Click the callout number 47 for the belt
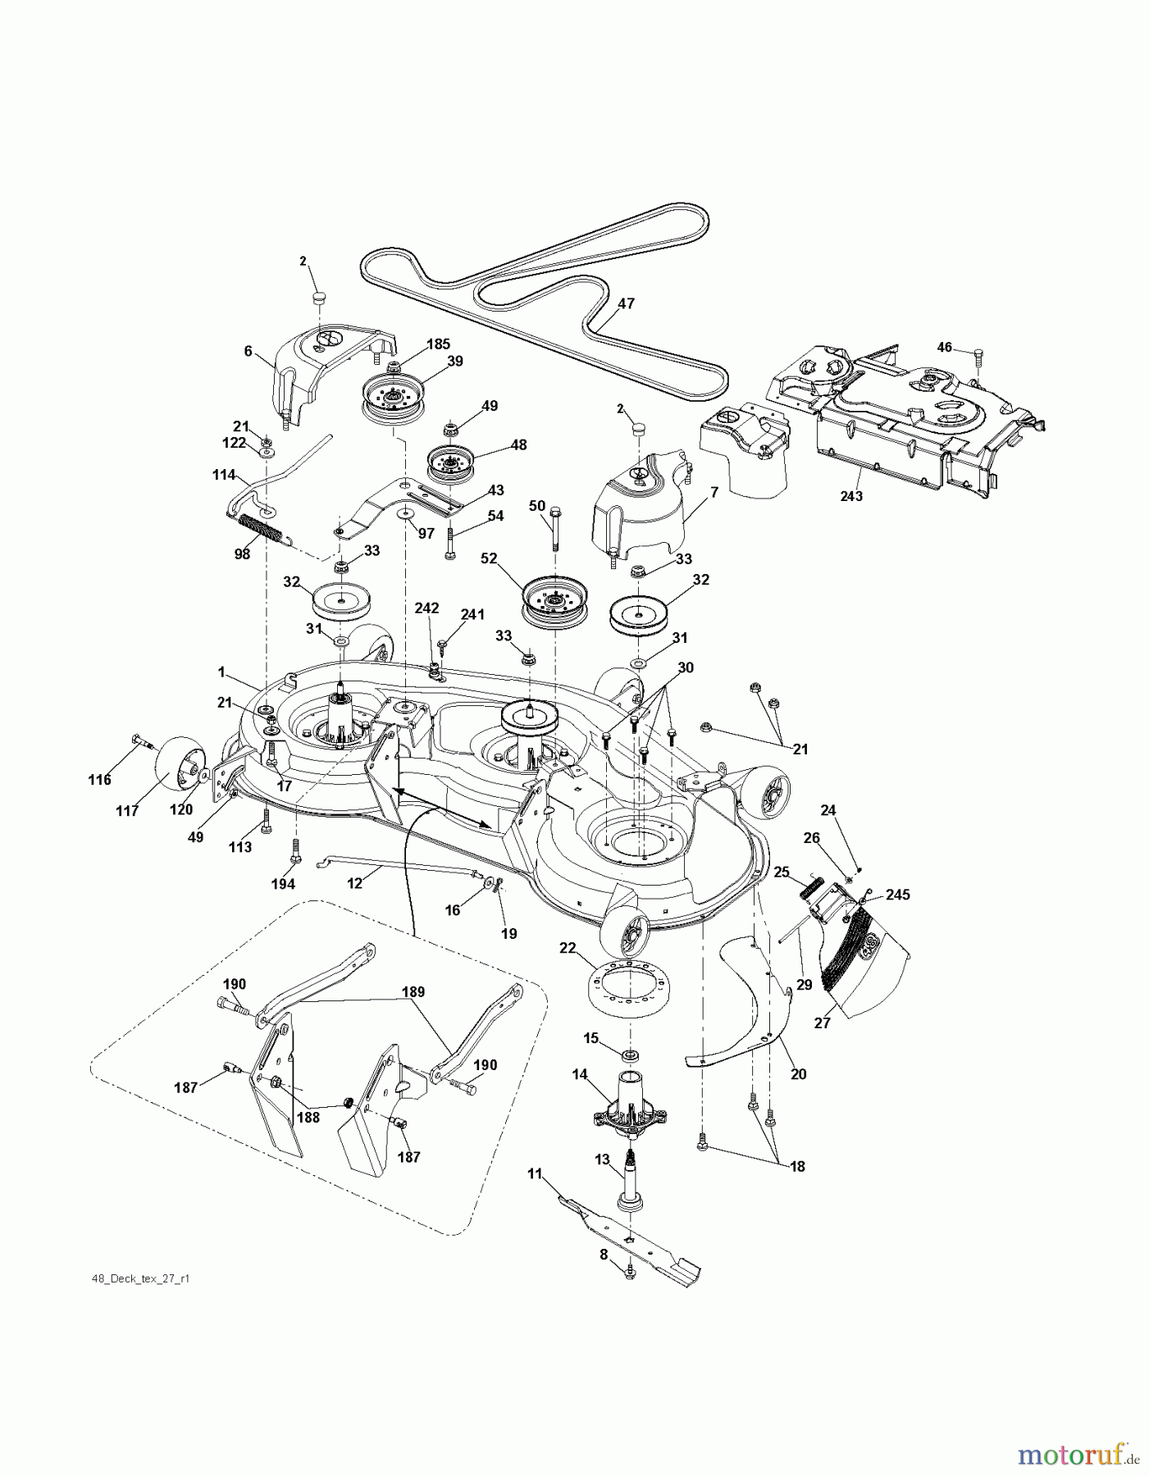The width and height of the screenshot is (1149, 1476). click(x=626, y=303)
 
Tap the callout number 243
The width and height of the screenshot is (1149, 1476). click(x=851, y=496)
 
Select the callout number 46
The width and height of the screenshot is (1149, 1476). click(x=945, y=348)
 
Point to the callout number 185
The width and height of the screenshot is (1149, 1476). click(x=438, y=344)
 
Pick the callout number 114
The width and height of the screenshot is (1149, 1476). click(x=224, y=475)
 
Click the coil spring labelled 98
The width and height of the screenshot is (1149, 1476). click(x=260, y=526)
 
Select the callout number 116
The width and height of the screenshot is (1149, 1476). click(x=99, y=780)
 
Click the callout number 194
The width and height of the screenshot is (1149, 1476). click(x=284, y=884)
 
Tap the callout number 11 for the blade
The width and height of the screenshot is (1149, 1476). click(x=535, y=1174)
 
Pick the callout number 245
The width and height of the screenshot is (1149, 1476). click(x=898, y=895)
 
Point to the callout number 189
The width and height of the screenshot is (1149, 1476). click(x=413, y=992)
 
